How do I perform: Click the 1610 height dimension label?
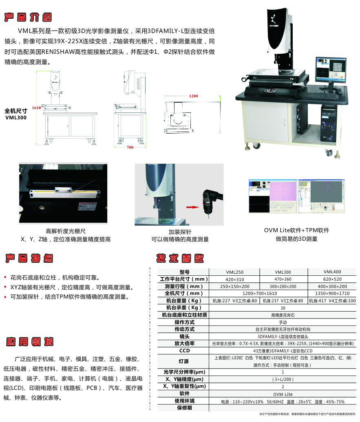[36, 108]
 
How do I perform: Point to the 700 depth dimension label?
[130, 147]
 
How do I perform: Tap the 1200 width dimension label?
[194, 96]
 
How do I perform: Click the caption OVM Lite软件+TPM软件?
[296, 230]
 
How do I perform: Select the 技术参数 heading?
[180, 258]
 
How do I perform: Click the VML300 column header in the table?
[283, 272]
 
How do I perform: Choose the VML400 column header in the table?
[332, 272]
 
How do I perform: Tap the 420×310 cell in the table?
[234, 279]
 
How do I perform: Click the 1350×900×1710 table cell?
[332, 293]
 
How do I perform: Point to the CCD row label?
[184, 351]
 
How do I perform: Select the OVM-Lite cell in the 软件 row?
[283, 394]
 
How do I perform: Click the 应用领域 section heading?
[30, 341]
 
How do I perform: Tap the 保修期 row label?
[184, 408]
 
